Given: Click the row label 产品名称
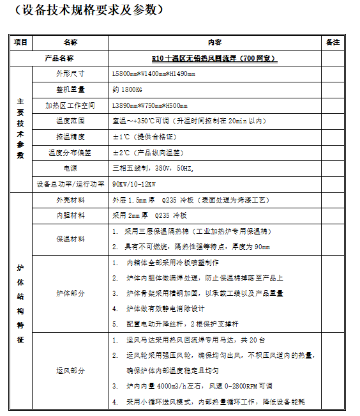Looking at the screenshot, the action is (70, 58).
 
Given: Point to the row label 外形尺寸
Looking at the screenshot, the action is (70, 73).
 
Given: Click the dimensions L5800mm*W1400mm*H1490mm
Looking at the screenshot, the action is (154, 73).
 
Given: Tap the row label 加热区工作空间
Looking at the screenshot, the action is (70, 105).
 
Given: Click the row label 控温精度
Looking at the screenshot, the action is (70, 137).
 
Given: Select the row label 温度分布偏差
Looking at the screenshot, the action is (70, 153).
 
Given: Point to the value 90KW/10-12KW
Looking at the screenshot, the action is (135, 184).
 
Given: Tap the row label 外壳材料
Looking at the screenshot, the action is (70, 199).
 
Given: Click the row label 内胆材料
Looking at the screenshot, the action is (70, 215).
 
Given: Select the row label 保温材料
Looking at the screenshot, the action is (70, 239).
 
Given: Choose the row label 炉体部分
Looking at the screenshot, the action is (70, 293).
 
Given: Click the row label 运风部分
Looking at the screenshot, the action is (70, 371).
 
